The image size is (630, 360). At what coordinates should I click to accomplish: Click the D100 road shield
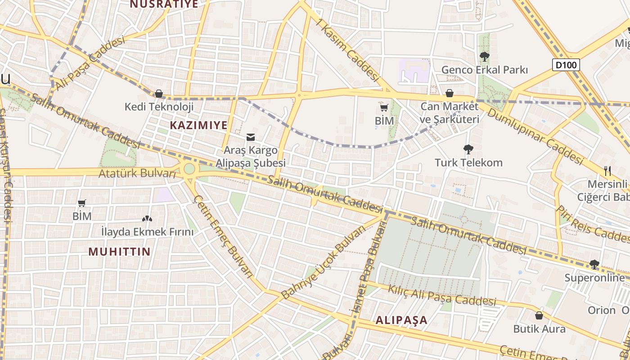(566, 65)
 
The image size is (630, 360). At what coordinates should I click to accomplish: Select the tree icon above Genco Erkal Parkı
(485, 57)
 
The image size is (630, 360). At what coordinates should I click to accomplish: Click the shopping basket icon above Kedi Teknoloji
(159, 94)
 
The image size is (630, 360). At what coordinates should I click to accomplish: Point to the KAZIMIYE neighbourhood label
(198, 126)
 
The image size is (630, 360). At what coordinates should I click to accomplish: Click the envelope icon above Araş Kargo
(251, 137)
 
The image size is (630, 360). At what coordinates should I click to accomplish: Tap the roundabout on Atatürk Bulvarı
(189, 169)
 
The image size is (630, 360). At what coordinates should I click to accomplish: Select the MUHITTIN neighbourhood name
(119, 252)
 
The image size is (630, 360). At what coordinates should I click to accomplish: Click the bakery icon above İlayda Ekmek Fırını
(147, 219)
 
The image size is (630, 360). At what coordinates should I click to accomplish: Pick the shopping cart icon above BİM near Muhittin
(82, 203)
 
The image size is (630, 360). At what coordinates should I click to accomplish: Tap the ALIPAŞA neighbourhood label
(401, 320)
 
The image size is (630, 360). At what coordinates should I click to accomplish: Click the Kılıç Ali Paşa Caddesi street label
(442, 295)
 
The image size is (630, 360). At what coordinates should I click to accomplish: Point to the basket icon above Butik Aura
(539, 315)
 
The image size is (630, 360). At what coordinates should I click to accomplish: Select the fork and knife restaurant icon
(607, 171)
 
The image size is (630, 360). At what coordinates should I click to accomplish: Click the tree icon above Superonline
(594, 264)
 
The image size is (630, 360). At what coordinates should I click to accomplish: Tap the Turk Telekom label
(468, 162)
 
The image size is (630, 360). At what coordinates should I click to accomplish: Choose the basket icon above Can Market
(449, 93)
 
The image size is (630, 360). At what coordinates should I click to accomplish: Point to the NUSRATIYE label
(164, 4)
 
